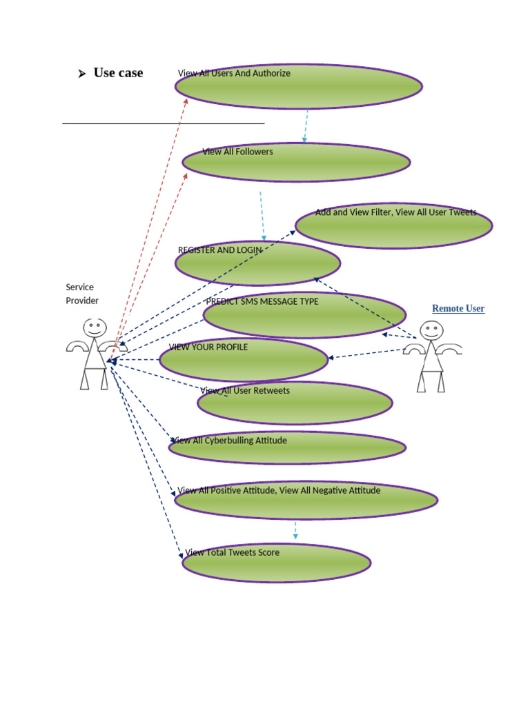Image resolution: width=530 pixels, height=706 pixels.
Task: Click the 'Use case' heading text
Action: click(118, 73)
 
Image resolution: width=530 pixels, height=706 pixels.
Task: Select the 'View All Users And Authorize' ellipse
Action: click(298, 87)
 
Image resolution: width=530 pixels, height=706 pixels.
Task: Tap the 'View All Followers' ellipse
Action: click(296, 163)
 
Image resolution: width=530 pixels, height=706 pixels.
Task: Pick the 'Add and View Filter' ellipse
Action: click(393, 225)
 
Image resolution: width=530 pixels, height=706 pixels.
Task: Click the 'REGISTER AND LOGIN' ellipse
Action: click(257, 263)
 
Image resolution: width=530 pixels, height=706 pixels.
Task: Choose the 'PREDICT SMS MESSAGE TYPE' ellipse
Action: click(304, 315)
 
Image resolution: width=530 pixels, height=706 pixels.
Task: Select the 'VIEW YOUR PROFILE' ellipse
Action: click(244, 359)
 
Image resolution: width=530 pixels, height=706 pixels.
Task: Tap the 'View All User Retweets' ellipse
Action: click(295, 403)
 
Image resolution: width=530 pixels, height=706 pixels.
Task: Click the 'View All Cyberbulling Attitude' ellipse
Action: click(287, 448)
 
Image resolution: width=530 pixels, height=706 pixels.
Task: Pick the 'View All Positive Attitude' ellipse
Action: click(306, 500)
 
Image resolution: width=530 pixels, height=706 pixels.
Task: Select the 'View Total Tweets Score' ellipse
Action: click(276, 563)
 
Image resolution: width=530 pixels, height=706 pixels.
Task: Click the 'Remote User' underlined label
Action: click(458, 309)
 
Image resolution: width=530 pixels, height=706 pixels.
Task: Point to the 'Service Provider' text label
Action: click(82, 294)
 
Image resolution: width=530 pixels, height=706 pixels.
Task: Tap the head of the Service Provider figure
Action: click(95, 327)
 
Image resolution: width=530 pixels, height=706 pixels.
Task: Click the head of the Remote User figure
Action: click(431, 330)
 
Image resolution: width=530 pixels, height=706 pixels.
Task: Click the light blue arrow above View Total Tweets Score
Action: click(295, 530)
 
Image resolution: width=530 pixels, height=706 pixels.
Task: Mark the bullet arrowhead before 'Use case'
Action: click(81, 74)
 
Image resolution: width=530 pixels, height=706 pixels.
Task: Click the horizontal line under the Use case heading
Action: click(163, 123)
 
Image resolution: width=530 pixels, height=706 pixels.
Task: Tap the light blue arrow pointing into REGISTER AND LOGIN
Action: click(262, 216)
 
